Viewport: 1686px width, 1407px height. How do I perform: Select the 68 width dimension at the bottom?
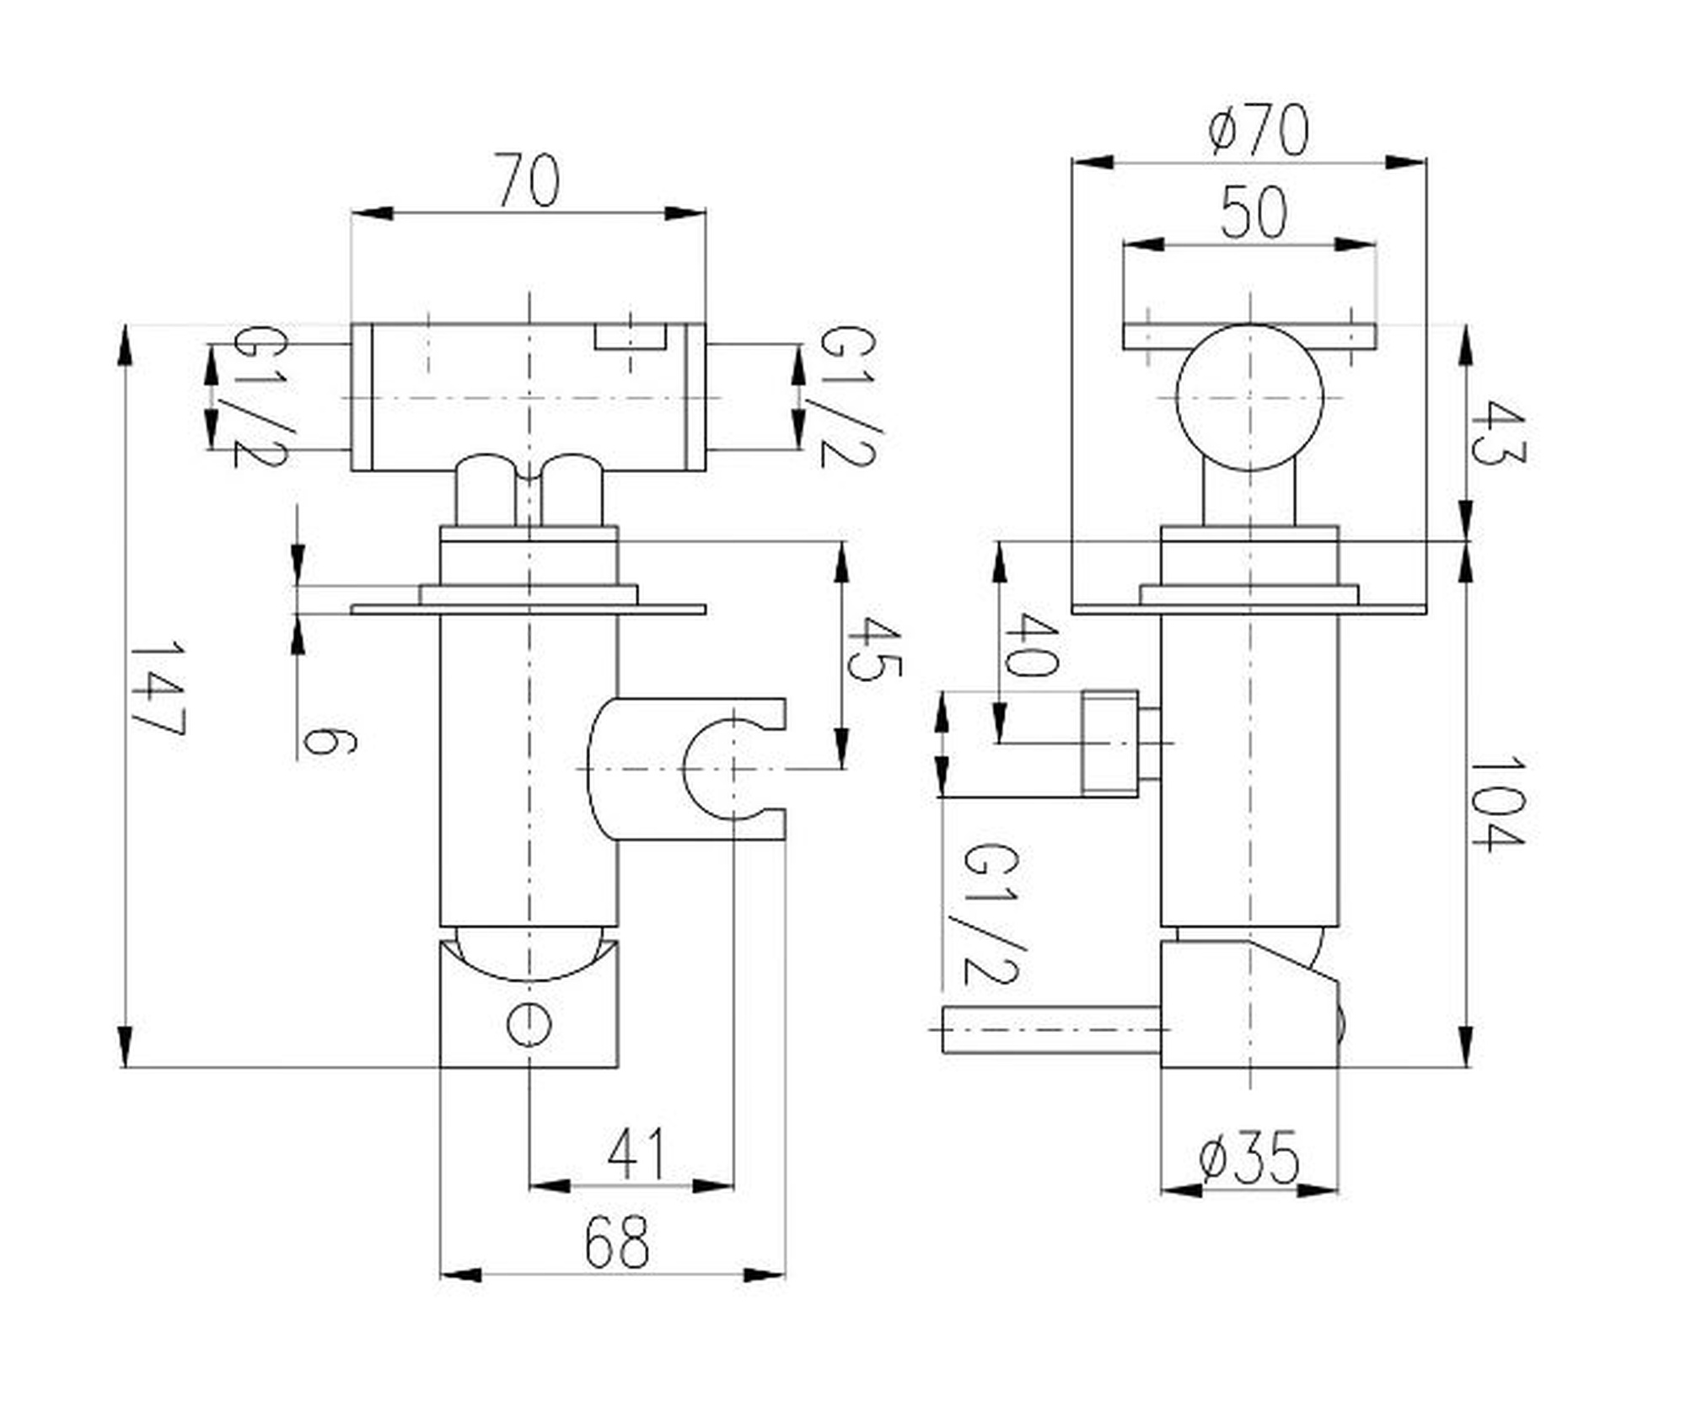click(x=617, y=1241)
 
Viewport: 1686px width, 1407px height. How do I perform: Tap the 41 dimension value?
click(x=636, y=1154)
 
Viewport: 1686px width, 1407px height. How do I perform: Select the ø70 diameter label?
click(x=1258, y=131)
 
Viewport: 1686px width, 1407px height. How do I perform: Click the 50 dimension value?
click(x=1254, y=212)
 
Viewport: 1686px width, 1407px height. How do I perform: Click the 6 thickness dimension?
click(x=330, y=742)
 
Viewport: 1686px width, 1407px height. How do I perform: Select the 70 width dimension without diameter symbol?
click(x=527, y=180)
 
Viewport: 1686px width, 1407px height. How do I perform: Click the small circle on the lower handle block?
click(x=529, y=1024)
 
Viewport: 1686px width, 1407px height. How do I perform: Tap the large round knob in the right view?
click(x=1249, y=397)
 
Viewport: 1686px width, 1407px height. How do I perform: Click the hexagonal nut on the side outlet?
click(x=1109, y=742)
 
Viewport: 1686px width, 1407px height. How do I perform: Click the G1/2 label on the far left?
click(x=259, y=396)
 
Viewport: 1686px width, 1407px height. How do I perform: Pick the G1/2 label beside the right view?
click(x=992, y=914)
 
